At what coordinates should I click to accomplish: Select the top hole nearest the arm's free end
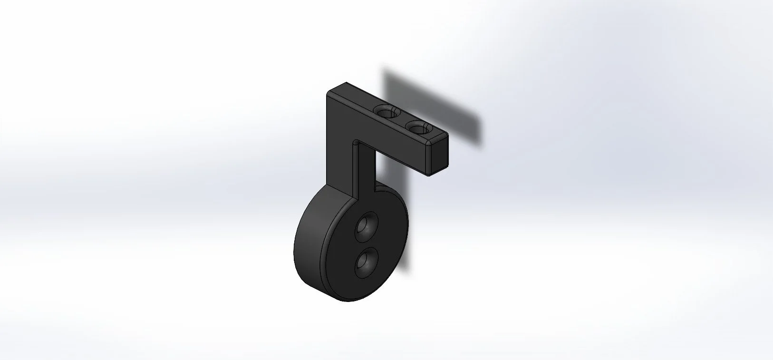coord(418,128)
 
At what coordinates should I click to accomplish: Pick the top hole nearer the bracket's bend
coord(386,112)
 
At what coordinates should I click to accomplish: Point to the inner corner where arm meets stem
coord(356,142)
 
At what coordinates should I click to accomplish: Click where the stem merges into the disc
coord(361,193)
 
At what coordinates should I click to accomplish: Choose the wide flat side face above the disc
coord(340,143)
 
